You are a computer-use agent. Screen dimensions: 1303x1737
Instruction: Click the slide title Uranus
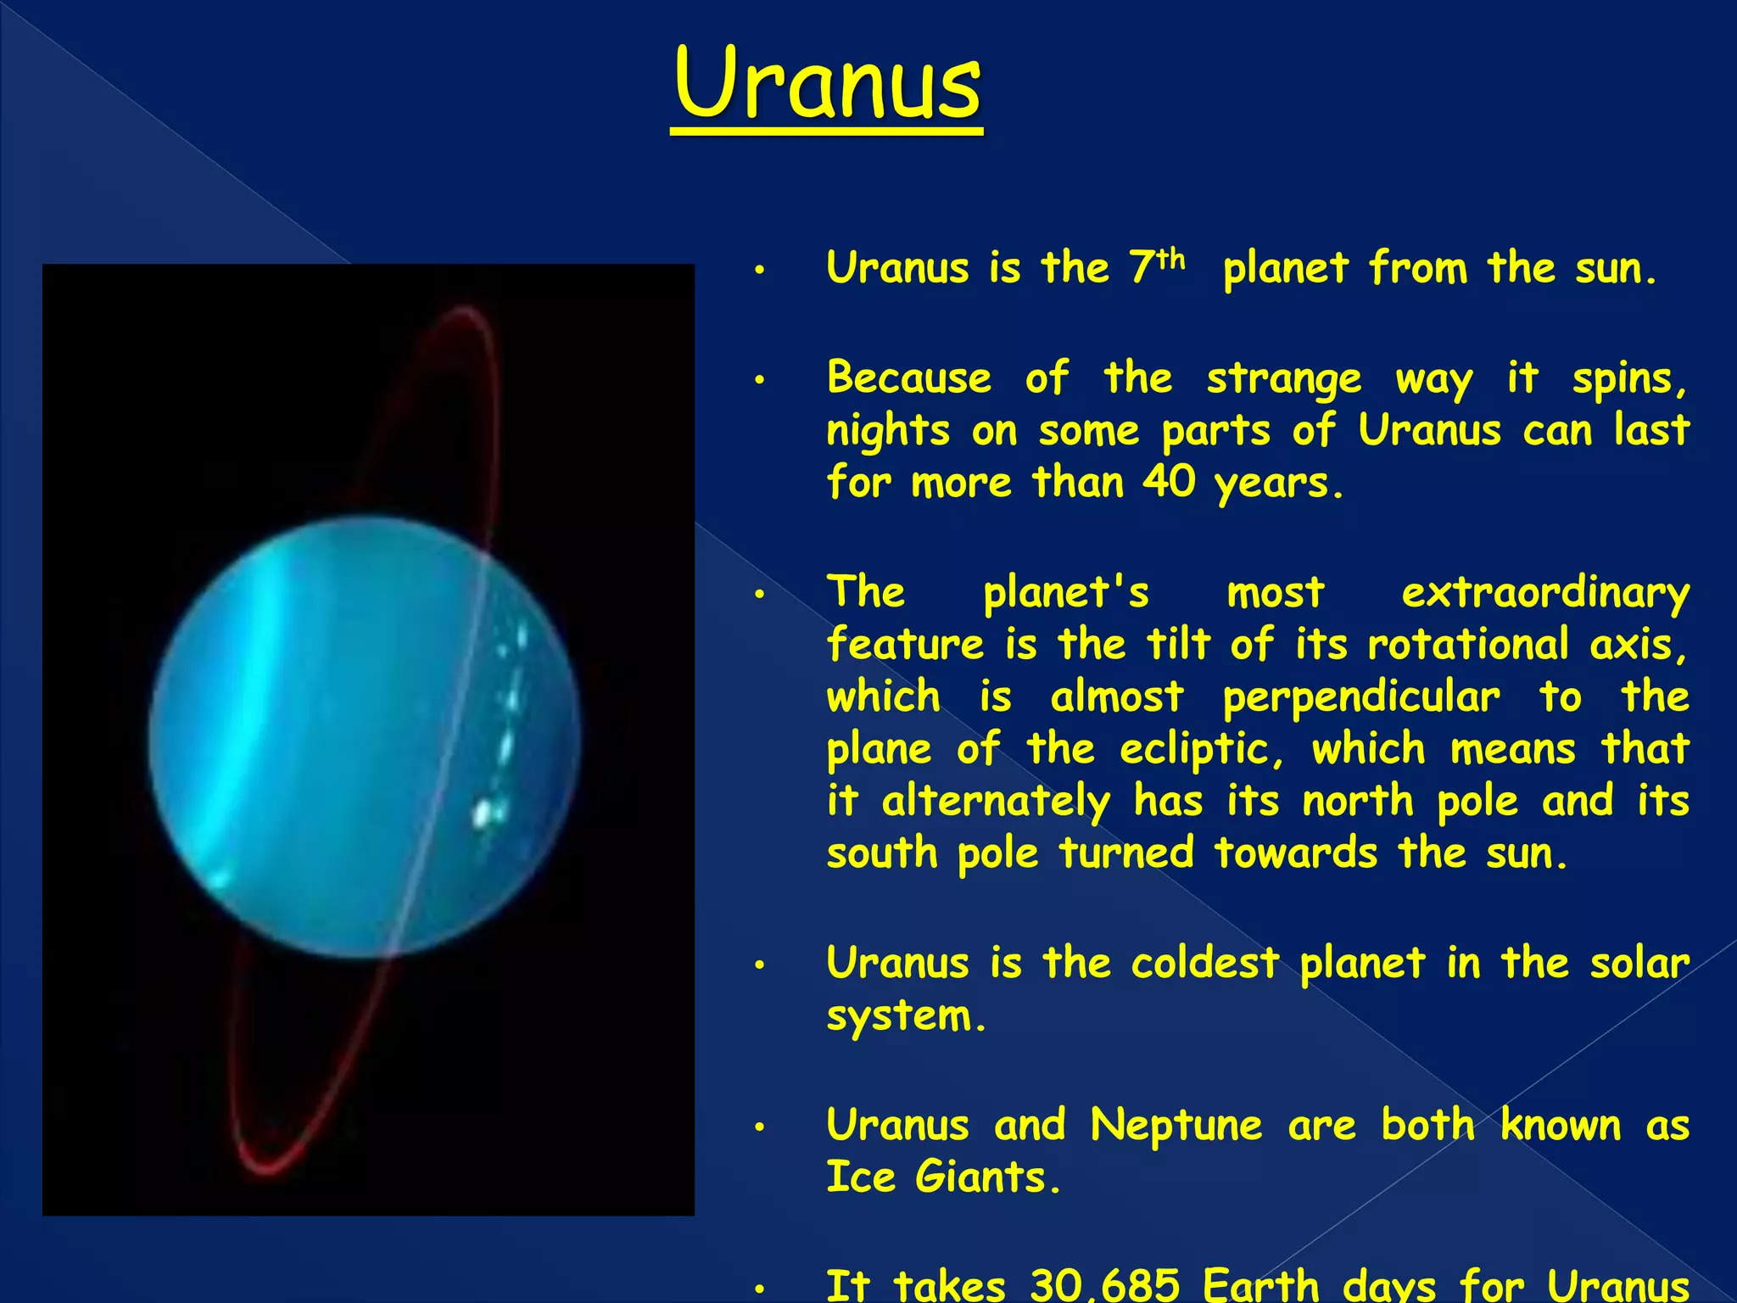(x=827, y=85)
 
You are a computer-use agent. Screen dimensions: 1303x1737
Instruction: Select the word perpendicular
(x=1360, y=698)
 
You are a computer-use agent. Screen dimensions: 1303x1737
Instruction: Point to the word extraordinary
(x=1544, y=593)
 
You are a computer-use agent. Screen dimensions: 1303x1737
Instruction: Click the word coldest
(x=1204, y=963)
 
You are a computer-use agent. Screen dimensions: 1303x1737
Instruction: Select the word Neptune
(x=1176, y=1126)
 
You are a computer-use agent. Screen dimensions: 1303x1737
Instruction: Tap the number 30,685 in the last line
(x=1104, y=1285)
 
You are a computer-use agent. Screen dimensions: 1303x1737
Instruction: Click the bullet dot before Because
(x=760, y=379)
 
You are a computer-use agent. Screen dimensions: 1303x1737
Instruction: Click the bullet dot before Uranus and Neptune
(x=760, y=1127)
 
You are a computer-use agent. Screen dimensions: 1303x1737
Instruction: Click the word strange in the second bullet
(x=1283, y=378)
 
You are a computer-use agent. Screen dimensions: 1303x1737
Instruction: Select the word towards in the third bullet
(x=1294, y=853)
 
